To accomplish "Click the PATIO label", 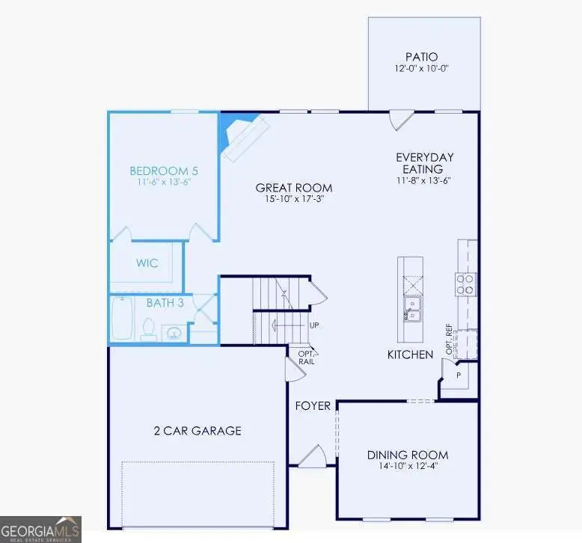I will click(421, 56).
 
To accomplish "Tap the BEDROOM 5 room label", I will click(164, 171).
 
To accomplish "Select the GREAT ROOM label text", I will click(293, 188).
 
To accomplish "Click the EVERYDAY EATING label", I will click(425, 163).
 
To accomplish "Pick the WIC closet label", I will click(147, 263).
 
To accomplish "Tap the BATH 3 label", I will click(165, 303).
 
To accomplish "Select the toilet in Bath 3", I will click(148, 328).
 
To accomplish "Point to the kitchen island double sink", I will click(411, 307).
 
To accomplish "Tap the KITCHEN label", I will click(410, 354).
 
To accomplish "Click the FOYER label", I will click(313, 405).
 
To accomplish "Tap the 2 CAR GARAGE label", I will click(197, 430).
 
